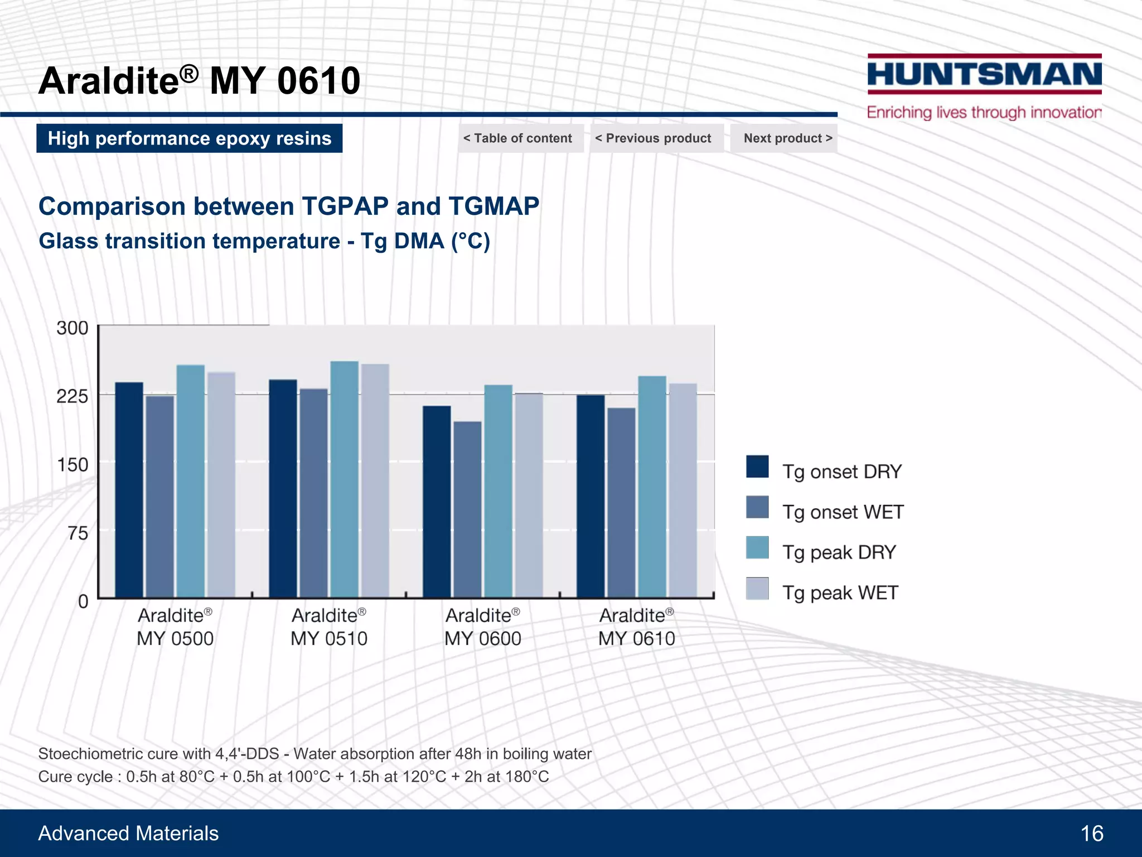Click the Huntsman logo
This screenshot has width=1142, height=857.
tap(984, 74)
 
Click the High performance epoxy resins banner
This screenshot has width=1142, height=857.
tap(190, 138)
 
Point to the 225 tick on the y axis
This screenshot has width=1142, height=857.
tap(72, 396)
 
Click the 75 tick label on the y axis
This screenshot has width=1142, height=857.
tap(78, 533)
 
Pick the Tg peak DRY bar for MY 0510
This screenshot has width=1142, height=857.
tap(344, 480)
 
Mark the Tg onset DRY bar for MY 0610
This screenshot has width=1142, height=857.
tap(591, 497)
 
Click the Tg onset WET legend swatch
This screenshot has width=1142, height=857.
tap(757, 507)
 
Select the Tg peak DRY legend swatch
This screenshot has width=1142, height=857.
tap(757, 547)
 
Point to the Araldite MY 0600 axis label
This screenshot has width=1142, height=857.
tap(483, 627)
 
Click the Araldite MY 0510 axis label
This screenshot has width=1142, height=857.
tap(329, 627)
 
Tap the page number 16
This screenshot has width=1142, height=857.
tap(1091, 834)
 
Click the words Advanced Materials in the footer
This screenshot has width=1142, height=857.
tap(128, 834)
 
